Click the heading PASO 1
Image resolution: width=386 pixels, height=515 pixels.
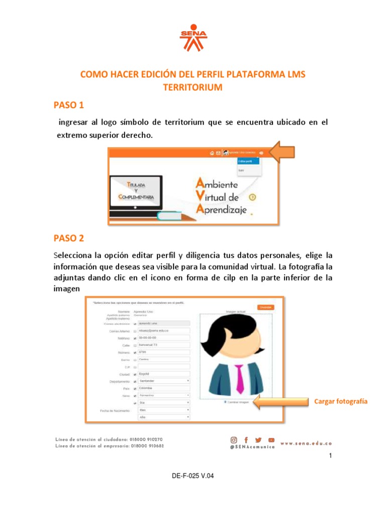coord(69,105)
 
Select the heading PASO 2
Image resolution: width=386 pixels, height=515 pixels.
coord(69,238)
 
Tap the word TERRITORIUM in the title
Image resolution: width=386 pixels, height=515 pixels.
coord(192,87)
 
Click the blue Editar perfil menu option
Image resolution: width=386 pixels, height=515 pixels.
coord(248,161)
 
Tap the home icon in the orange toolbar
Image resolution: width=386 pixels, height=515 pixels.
coord(212,153)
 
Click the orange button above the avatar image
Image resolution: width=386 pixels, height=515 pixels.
coord(266,307)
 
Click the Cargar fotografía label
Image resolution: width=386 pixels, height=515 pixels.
coord(341,401)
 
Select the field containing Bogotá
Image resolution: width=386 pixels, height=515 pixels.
coord(164,374)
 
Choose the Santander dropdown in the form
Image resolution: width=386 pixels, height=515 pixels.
coord(164,381)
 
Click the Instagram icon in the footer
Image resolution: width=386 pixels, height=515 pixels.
coord(234,440)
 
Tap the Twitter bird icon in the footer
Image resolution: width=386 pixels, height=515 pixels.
coord(258,440)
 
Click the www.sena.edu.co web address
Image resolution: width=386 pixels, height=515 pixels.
coord(307,444)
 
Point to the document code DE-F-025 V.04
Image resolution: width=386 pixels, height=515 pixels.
coord(192,475)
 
